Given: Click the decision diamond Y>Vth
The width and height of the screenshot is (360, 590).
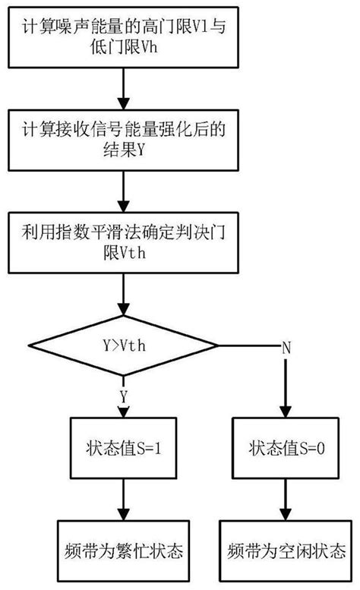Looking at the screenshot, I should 121,345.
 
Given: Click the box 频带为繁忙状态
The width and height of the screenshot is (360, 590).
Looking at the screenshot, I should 121,549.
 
